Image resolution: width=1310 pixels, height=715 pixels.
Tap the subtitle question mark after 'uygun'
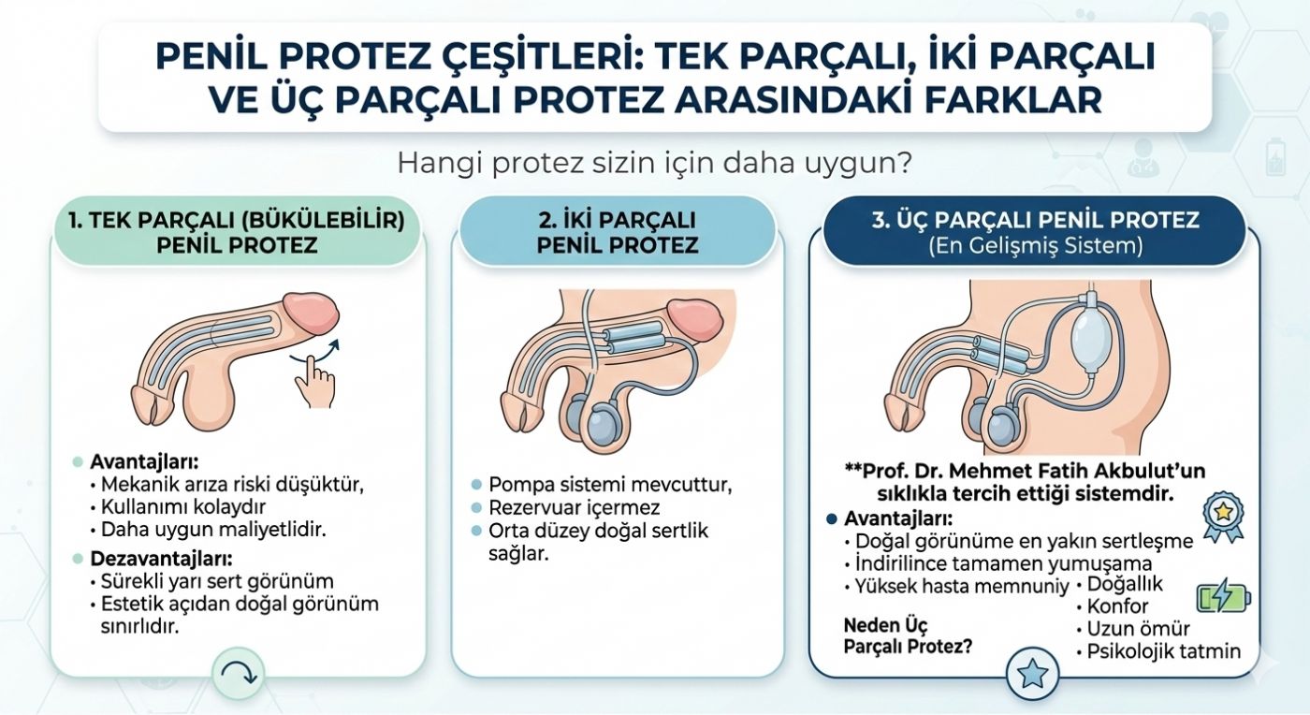(905, 163)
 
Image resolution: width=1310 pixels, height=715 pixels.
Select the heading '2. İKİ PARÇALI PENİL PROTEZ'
(619, 233)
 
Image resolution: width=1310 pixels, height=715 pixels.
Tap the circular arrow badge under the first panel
(239, 671)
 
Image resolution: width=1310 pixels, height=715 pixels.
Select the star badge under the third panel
(1032, 672)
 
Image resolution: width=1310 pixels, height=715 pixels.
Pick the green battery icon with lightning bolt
(1224, 597)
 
